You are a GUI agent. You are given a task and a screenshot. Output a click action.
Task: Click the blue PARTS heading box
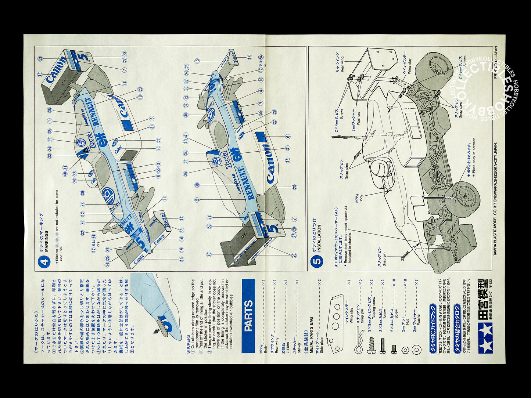pos(248,316)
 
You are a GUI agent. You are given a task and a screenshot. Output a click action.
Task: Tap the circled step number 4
pos(44,262)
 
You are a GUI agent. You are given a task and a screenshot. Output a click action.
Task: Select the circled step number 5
pos(317,262)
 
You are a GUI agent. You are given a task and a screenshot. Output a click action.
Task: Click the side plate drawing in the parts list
pos(336,323)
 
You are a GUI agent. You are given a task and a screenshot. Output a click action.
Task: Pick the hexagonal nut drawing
pos(405,350)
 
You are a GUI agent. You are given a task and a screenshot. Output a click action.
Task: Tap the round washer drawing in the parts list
pos(416,350)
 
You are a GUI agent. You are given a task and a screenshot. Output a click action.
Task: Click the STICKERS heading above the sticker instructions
pos(188,344)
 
